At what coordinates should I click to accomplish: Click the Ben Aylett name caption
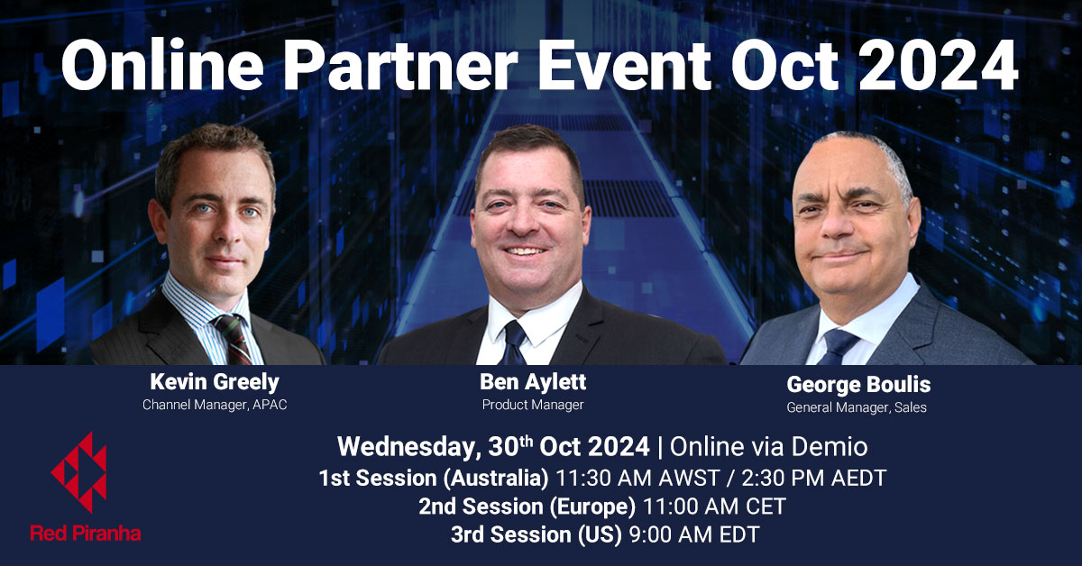coord(532,382)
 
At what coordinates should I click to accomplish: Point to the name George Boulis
coord(857,385)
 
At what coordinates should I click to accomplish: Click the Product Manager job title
coord(532,405)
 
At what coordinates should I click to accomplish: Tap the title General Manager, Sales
coord(857,407)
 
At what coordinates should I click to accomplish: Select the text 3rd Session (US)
coord(536,534)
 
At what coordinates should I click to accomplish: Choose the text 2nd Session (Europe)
coord(527,507)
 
